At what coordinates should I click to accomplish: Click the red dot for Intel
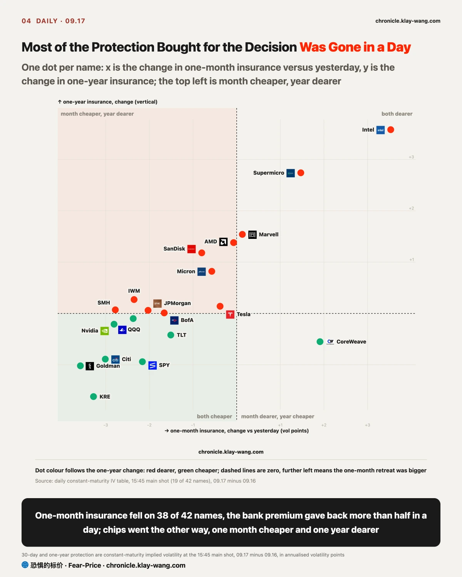pyautogui.click(x=391, y=130)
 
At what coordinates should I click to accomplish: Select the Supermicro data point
pyautogui.click(x=301, y=173)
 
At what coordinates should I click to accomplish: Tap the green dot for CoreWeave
pyautogui.click(x=320, y=342)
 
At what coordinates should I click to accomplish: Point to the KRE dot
pyautogui.click(x=94, y=397)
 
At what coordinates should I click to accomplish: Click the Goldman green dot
pyautogui.click(x=80, y=366)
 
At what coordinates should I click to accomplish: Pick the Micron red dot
pyautogui.click(x=211, y=271)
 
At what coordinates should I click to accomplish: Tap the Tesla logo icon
pyautogui.click(x=230, y=315)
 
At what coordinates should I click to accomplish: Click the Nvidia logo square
pyautogui.click(x=104, y=331)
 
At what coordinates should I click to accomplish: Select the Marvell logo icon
pyautogui.click(x=252, y=235)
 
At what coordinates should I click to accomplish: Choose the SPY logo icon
pyautogui.click(x=152, y=365)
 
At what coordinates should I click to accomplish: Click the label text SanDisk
pyautogui.click(x=174, y=249)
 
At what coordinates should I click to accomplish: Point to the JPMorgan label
pyautogui.click(x=177, y=303)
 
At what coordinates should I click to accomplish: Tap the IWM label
pyautogui.click(x=134, y=291)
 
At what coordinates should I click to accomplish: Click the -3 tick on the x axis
pyautogui.click(x=106, y=425)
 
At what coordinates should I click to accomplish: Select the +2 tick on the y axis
pyautogui.click(x=411, y=208)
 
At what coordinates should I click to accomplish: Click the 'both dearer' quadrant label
pyautogui.click(x=397, y=114)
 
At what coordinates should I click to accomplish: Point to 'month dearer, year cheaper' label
pyautogui.click(x=278, y=416)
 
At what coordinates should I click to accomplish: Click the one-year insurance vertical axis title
pyautogui.click(x=108, y=102)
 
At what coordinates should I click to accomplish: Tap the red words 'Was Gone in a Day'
pyautogui.click(x=355, y=47)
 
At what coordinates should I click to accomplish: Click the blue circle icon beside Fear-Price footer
pyautogui.click(x=25, y=565)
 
